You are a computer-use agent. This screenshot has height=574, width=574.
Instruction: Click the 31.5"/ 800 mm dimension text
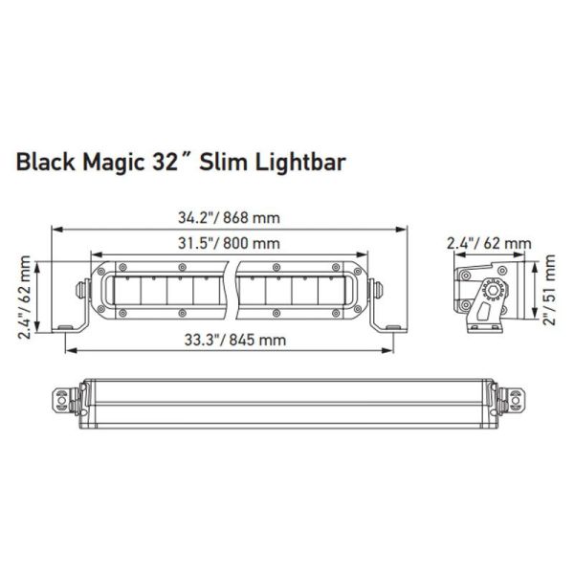[x=228, y=244]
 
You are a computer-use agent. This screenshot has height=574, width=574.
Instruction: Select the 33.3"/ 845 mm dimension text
[x=228, y=340]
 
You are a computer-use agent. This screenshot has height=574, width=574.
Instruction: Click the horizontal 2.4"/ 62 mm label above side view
[x=488, y=244]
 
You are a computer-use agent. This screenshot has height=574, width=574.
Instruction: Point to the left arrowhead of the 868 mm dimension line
[x=55, y=230]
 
